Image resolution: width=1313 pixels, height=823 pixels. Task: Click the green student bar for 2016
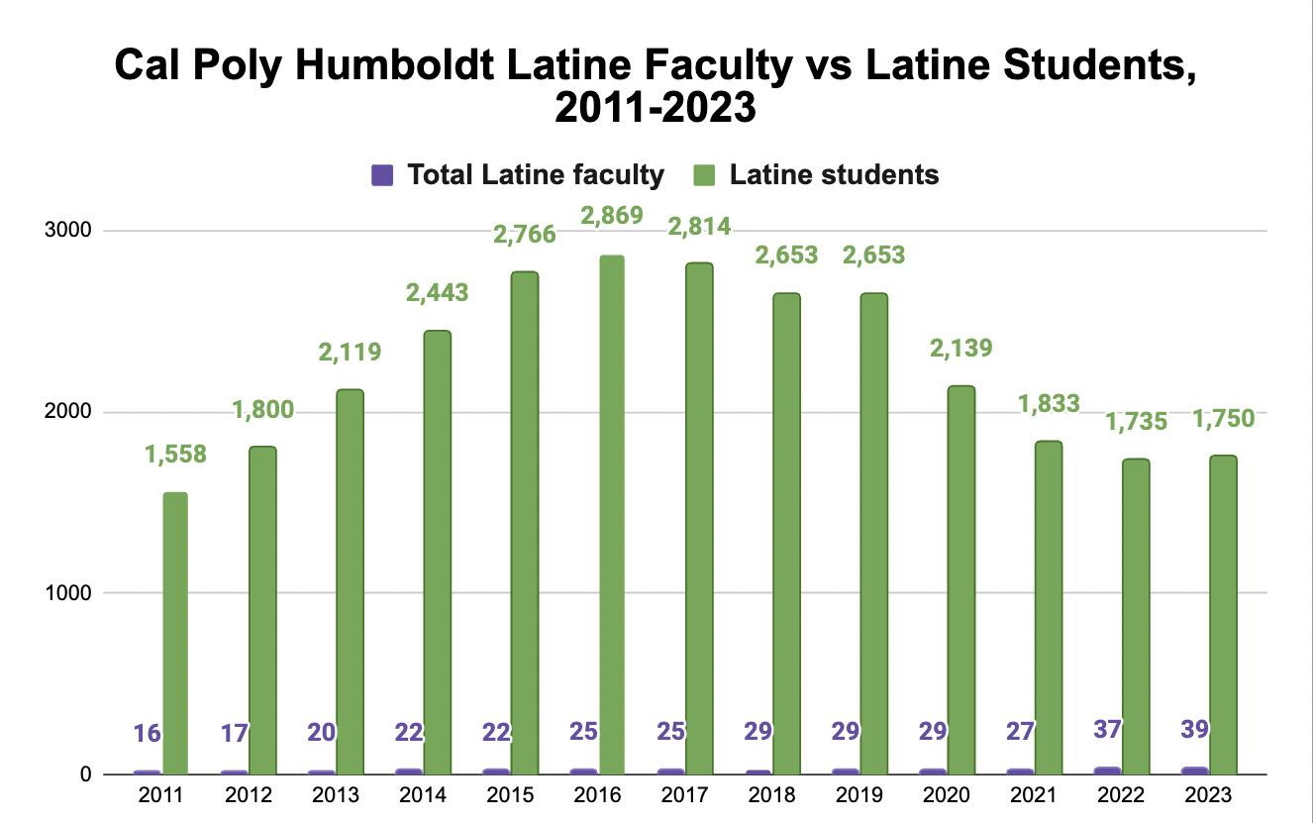(611, 515)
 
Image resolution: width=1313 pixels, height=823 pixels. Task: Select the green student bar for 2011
(175, 633)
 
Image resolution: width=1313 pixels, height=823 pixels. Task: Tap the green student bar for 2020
(961, 579)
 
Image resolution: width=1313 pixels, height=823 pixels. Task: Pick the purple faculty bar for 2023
(1195, 771)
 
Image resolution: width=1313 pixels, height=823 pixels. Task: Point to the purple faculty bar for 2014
(409, 772)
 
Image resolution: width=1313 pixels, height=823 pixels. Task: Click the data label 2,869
(612, 216)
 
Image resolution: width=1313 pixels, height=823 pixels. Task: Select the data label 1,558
(175, 455)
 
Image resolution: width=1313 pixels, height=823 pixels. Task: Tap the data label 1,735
(1136, 422)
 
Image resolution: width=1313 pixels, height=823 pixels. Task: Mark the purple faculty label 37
(1107, 729)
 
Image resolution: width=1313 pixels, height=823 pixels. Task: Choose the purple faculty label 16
(147, 733)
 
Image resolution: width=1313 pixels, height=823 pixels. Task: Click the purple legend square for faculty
(382, 175)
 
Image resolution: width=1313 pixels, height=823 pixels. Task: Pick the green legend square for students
(704, 175)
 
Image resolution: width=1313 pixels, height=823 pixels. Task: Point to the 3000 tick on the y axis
(68, 230)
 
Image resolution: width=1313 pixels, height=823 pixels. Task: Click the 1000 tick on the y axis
(68, 592)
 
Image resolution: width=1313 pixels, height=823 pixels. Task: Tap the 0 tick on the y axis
(85, 774)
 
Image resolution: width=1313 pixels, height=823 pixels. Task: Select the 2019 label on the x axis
(858, 795)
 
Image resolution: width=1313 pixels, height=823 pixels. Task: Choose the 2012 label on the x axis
(248, 795)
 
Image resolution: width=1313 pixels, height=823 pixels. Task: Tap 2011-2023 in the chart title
(656, 107)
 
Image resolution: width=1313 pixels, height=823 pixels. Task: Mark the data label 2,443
(438, 292)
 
